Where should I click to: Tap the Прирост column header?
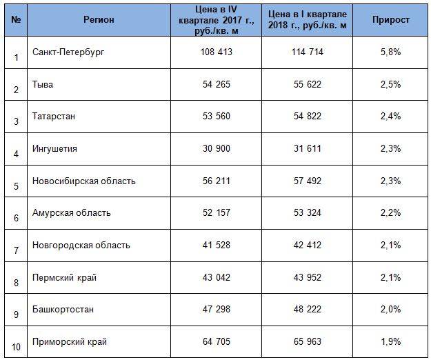coord(391,19)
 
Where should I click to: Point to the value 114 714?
coord(305,52)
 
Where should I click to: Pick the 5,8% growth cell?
coord(390,52)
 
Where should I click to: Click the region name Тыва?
coord(43,85)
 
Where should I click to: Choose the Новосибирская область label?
coord(84,181)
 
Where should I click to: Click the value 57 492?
coord(305,181)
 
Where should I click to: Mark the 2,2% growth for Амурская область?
coord(390,213)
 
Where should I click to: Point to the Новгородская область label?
coord(81,245)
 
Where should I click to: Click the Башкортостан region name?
coord(63,309)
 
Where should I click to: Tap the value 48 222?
coord(305,309)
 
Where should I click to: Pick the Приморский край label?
coord(70,341)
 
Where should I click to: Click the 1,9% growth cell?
coord(390,341)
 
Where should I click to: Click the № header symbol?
coord(16,19)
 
